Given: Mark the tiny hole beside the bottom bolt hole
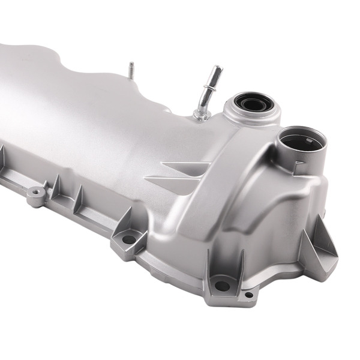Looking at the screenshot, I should point(248,295).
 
